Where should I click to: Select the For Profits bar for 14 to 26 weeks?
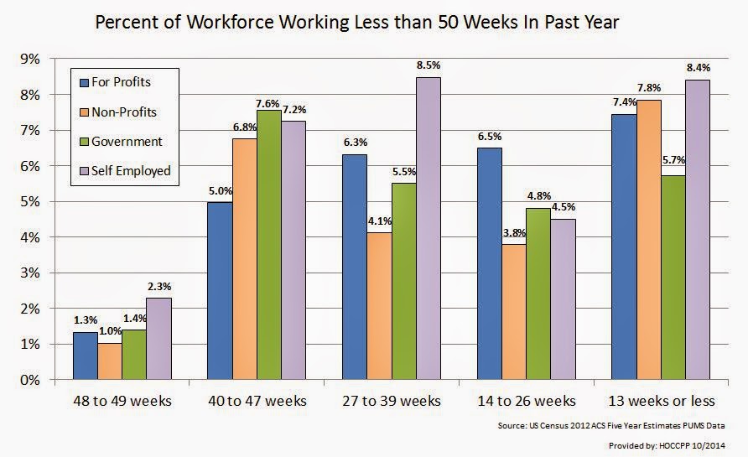point(490,263)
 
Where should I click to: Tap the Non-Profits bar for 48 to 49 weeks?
point(109,361)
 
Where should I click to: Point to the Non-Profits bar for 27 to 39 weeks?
point(379,305)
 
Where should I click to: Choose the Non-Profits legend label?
point(124,112)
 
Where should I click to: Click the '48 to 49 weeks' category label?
point(122,400)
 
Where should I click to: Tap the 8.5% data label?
point(428,65)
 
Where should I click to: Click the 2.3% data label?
point(158,286)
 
